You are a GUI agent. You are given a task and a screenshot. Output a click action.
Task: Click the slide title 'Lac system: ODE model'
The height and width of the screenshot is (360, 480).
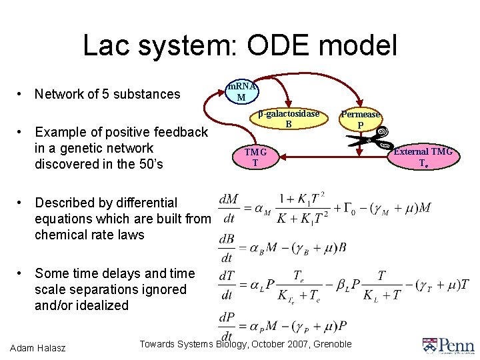pos(240,45)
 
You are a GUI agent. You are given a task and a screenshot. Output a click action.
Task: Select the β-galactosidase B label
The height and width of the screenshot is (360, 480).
pos(289,119)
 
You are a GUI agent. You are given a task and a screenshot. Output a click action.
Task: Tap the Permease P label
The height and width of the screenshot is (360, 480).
pos(361,119)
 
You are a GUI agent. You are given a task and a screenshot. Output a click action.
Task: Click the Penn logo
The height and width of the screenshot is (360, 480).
pos(447,345)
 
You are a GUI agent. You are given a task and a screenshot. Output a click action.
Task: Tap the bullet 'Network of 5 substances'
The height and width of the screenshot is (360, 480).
pos(107,94)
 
